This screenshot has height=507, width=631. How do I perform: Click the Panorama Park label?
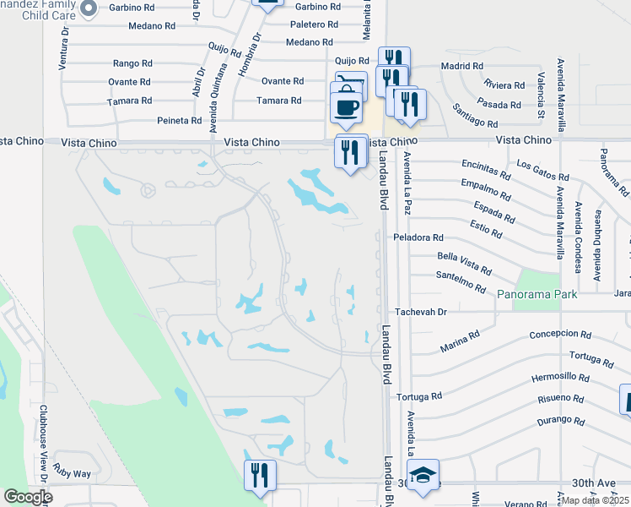coord(537,295)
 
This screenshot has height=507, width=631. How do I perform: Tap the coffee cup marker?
coord(346,107)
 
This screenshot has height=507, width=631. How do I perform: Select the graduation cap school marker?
coord(423,476)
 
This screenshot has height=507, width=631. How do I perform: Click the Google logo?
coord(28,497)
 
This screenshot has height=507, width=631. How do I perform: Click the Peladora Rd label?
coord(418,238)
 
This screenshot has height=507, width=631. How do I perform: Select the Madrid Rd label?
coord(461,66)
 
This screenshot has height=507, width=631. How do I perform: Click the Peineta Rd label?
coord(178,121)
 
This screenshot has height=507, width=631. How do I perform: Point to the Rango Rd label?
coord(132,63)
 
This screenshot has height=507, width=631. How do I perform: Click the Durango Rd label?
coord(559,419)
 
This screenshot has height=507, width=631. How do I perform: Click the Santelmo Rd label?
coord(461,281)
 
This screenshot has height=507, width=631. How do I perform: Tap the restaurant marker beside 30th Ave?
coord(260,475)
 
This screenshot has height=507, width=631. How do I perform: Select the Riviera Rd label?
coord(505,84)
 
